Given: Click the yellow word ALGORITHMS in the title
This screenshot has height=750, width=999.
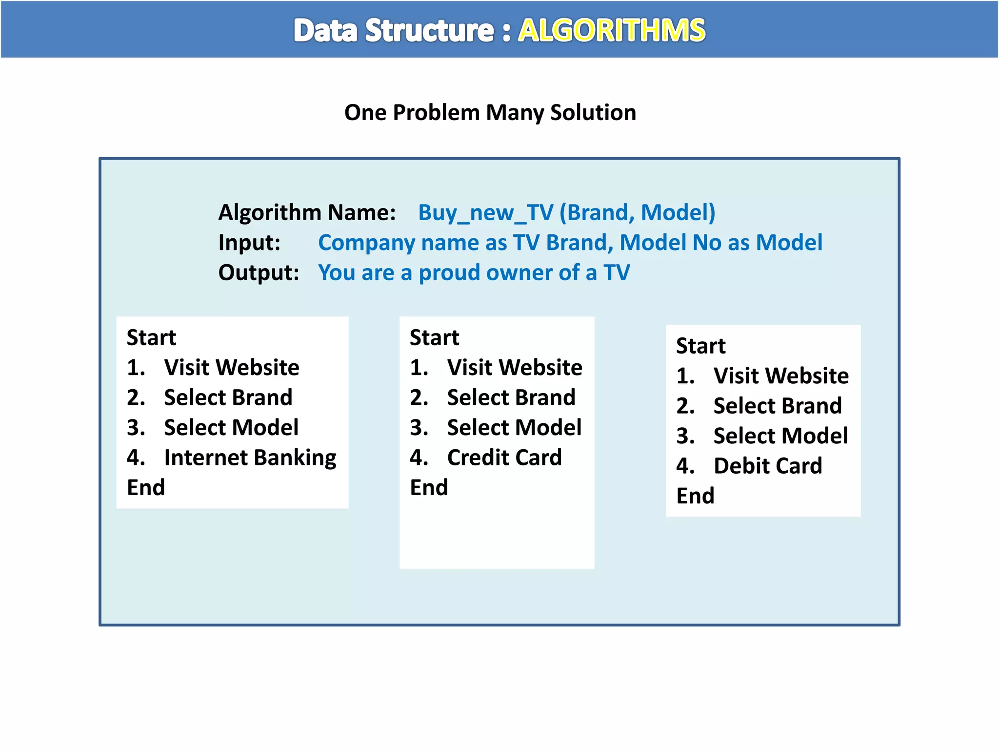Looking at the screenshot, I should coord(611,30).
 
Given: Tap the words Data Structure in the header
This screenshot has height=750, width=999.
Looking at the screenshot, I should coord(394,30).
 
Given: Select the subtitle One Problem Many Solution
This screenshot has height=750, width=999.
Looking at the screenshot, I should coord(490,113).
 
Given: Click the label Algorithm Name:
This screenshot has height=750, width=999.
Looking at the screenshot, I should coord(307,212).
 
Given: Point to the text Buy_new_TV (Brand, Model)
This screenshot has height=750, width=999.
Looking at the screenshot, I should coord(566,212).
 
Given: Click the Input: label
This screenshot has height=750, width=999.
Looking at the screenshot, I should coord(249,243).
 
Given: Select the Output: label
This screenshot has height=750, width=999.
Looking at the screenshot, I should coord(259,272).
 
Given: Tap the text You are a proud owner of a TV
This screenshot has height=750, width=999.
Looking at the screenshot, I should coord(474,272).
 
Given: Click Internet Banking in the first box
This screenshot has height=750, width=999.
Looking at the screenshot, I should coord(250,458).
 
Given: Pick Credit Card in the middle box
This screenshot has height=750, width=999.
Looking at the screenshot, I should coord(504,458).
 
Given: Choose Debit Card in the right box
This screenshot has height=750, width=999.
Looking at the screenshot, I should coord(767,466).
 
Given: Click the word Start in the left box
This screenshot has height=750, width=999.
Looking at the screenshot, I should coord(151,337).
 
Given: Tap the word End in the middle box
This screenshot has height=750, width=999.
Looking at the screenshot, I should coord(429,487).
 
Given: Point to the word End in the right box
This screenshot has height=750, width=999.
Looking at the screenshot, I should coord(695,496).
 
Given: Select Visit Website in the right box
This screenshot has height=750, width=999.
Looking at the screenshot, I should coord(780,376).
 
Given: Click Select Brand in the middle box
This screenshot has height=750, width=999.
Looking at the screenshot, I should coord(511,397).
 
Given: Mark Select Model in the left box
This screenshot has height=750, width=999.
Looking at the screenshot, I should coord(231,428).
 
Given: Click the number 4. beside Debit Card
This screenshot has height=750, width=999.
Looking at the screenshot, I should coord(685,466).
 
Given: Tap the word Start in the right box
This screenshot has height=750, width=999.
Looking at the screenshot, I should coord(700,346).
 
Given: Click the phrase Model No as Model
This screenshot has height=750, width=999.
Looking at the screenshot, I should coord(720,243).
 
